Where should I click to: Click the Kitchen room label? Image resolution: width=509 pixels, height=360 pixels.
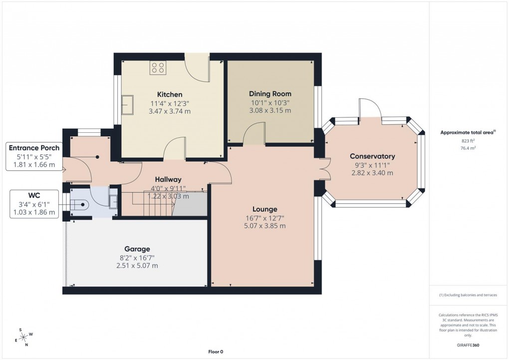[170, 94]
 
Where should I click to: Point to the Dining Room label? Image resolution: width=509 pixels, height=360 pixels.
[270, 94]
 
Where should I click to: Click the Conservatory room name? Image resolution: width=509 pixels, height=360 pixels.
[372, 156]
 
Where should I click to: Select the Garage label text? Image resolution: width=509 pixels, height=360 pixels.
[137, 249]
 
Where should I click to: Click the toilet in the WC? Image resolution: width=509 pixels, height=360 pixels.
[79, 205]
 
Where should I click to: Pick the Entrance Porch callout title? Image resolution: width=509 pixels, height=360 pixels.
[34, 148]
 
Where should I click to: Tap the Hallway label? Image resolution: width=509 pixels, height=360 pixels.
[168, 179]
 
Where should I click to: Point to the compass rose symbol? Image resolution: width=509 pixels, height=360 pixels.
[23, 337]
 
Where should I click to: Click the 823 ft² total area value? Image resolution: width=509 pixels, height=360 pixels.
[468, 141]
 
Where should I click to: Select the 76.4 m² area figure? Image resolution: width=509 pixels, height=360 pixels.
[468, 148]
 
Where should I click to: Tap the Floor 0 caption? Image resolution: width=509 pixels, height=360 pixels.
[216, 352]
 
